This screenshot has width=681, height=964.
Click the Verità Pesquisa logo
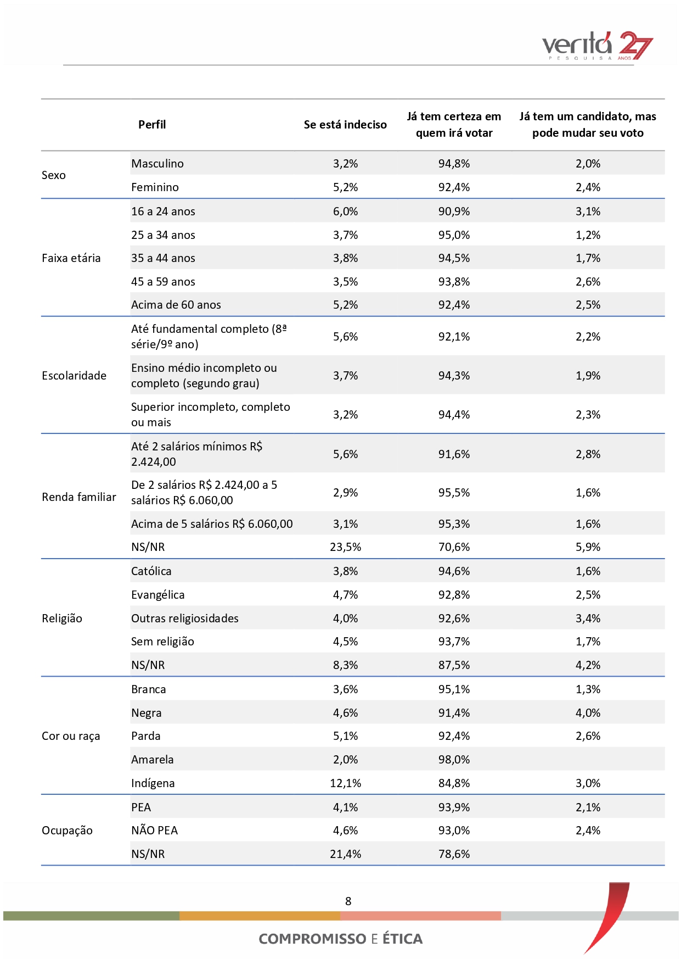597,46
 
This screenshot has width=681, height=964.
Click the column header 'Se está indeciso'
345,125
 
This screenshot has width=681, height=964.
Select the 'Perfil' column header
152,125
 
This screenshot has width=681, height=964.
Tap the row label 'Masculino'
157,164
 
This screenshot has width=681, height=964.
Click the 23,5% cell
345,547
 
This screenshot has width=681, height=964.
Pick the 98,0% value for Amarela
454,760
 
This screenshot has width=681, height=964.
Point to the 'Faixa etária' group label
71,258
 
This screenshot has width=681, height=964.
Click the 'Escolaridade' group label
74,376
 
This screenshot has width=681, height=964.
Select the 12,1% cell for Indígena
345,783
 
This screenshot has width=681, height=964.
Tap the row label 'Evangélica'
158,595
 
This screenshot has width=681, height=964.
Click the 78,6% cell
454,854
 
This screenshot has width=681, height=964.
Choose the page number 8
348,901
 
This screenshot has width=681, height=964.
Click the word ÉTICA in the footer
402,939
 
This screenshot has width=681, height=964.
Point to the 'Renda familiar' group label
79,497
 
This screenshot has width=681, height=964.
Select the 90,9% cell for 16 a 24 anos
454,211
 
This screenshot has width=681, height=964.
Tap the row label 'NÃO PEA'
155,831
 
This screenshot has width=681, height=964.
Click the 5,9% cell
588,547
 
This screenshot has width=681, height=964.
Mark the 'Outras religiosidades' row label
185,618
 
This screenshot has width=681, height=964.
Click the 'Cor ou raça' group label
71,736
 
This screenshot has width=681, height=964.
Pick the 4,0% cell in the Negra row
588,713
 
